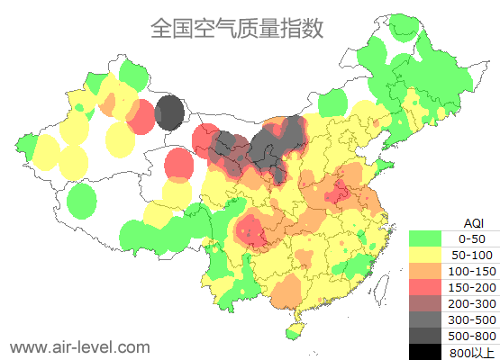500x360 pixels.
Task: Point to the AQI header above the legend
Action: [x=473, y=223]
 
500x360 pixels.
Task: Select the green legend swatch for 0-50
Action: [x=425, y=238]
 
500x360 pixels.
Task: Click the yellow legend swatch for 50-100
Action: [x=425, y=255]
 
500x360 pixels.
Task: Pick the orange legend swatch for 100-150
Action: [x=425, y=271]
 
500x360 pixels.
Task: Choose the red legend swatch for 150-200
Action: [x=425, y=287]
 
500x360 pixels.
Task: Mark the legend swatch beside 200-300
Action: [x=425, y=303]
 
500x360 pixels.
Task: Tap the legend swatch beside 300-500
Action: [x=425, y=319]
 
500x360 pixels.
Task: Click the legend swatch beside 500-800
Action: [x=425, y=336]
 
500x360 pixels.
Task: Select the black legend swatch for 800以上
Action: [x=425, y=351]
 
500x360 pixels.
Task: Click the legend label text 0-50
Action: [x=471, y=238]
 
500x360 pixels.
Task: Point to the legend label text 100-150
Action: [x=471, y=271]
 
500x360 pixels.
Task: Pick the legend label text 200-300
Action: [x=471, y=303]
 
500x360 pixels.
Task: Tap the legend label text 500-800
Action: [x=471, y=336]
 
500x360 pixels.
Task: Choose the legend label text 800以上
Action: [x=471, y=351]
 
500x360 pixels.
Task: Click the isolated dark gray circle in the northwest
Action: [x=169, y=114]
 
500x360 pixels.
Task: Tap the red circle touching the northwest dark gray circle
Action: [x=141, y=117]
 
